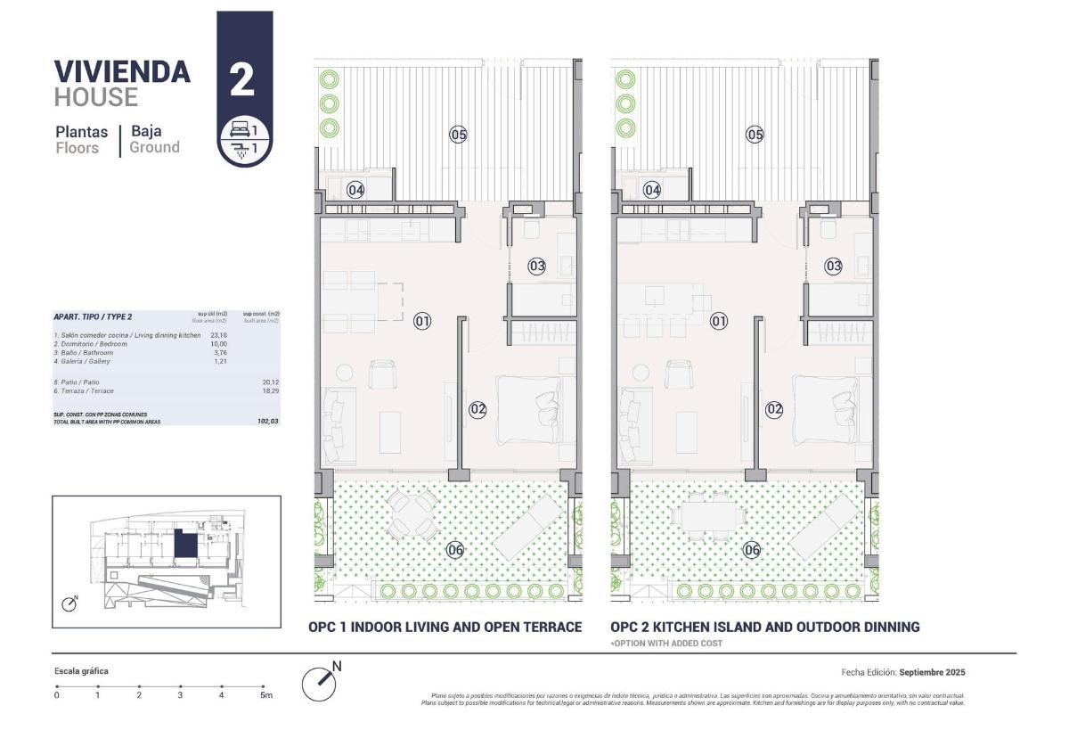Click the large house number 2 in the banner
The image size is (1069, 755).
pos(242,80)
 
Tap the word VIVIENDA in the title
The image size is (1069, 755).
pos(122,71)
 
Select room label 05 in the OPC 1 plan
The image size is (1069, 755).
pos(458,135)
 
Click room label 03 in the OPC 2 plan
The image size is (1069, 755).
pos(833,266)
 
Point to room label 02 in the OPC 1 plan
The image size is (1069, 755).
pos(477,409)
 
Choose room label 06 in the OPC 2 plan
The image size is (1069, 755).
pos(752,550)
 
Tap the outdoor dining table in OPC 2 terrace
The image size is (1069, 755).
pos(710,516)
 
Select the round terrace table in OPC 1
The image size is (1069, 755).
pos(411,516)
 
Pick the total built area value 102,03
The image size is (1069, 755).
pos(267,421)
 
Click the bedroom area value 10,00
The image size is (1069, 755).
pos(218,344)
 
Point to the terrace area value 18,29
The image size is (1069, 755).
pos(267,391)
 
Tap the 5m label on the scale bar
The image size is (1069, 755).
pos(265,695)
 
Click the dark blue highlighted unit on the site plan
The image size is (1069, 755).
pos(184,544)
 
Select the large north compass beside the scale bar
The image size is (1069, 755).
pos(320,683)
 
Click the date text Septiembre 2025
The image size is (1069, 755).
pos(932,672)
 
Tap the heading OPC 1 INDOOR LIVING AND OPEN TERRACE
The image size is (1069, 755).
pos(445,628)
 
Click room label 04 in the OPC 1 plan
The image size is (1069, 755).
pos(355,190)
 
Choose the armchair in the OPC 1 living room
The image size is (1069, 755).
pos(383,373)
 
